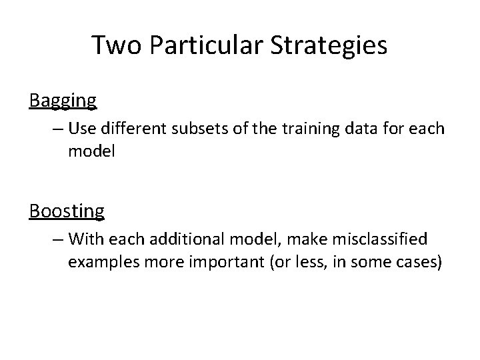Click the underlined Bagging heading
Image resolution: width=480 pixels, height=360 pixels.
click(x=63, y=101)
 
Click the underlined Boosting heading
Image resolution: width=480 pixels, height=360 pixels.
click(x=67, y=211)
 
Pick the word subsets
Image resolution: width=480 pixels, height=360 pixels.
click(x=203, y=127)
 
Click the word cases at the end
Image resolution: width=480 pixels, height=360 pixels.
click(x=417, y=261)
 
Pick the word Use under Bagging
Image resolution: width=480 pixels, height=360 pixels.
click(x=81, y=127)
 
